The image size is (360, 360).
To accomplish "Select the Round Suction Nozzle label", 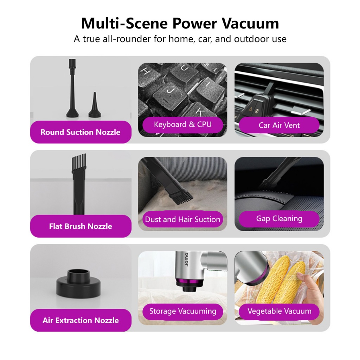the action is [x=81, y=132].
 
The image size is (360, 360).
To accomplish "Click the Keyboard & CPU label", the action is [x=182, y=124].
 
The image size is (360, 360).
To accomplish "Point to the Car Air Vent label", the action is [x=279, y=125].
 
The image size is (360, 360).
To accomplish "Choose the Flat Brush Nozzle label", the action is [x=81, y=226].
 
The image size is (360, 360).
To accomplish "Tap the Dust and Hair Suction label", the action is [x=182, y=219].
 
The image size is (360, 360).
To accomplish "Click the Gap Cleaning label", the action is [x=279, y=219].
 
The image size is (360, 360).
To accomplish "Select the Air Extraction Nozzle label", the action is [x=81, y=320].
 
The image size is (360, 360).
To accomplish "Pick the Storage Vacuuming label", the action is [x=182, y=311].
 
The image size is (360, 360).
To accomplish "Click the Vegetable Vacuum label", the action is [x=279, y=311].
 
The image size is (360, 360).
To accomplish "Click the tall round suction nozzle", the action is [x=72, y=90].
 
